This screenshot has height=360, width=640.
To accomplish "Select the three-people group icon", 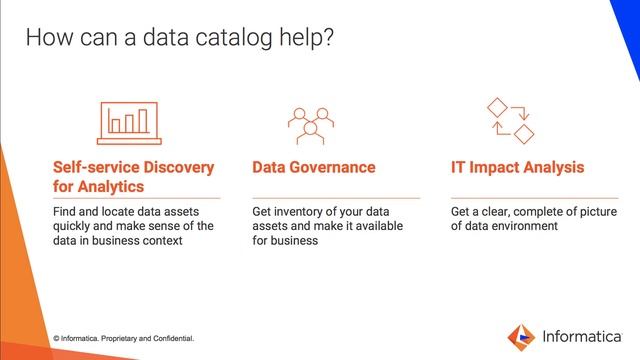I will tap(310, 122).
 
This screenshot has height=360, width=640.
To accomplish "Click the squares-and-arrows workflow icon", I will tap(509, 121).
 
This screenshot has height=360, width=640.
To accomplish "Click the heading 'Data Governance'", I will tap(314, 167).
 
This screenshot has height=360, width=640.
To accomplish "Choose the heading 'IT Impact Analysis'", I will tap(517, 167).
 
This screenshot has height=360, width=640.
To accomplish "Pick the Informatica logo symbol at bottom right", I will tap(521, 335).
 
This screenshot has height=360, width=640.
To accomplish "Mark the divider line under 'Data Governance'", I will tap(335, 198).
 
